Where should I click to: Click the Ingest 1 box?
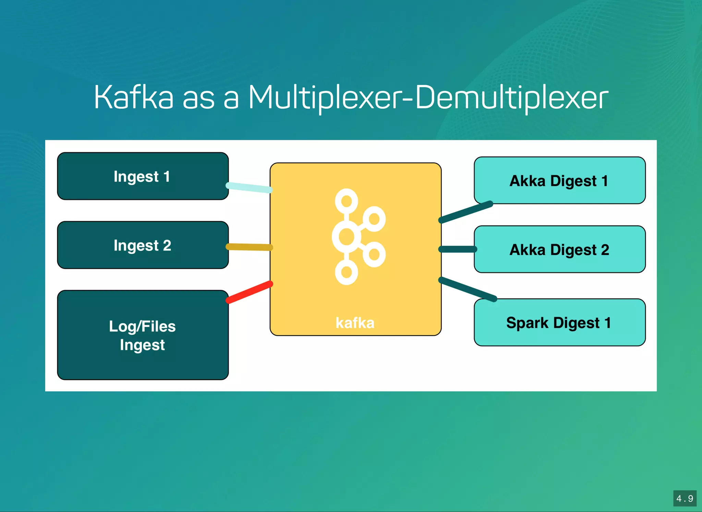(x=143, y=176)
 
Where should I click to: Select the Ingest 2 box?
(x=143, y=245)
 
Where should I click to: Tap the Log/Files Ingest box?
(x=143, y=335)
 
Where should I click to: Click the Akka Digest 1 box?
(x=559, y=181)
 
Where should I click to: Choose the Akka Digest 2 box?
(x=559, y=249)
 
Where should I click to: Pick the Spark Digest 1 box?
(x=559, y=322)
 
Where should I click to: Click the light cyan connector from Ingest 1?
(x=249, y=187)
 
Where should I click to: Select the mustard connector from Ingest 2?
(x=249, y=247)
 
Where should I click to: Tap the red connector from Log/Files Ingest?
(x=249, y=292)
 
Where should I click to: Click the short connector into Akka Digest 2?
(x=458, y=249)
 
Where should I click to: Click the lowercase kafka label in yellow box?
(x=355, y=323)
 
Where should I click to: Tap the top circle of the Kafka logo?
(x=347, y=200)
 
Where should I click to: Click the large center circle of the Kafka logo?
(x=346, y=236)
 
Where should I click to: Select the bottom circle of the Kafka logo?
(x=347, y=272)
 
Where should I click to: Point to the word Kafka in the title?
(x=134, y=98)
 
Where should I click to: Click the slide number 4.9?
(x=685, y=498)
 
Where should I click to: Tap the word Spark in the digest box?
(x=527, y=322)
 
